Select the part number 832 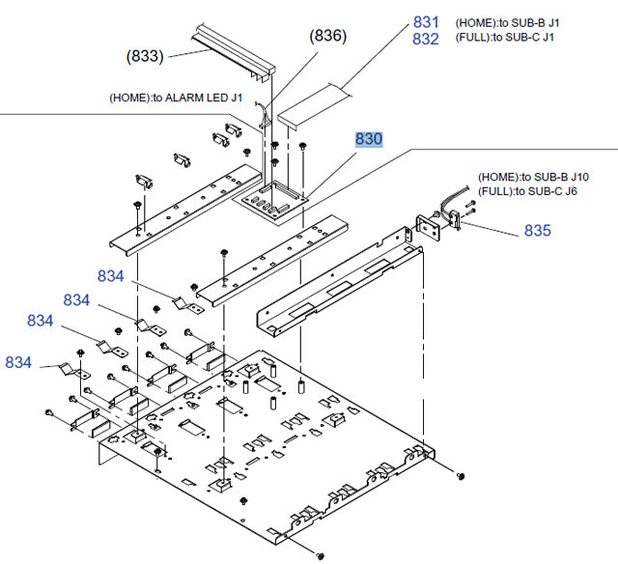click(x=426, y=39)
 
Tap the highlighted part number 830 click(x=368, y=140)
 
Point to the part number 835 click(x=538, y=231)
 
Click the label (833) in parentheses click(x=146, y=57)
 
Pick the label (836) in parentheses click(x=327, y=37)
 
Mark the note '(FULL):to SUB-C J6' click(x=530, y=191)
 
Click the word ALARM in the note click(x=194, y=98)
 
